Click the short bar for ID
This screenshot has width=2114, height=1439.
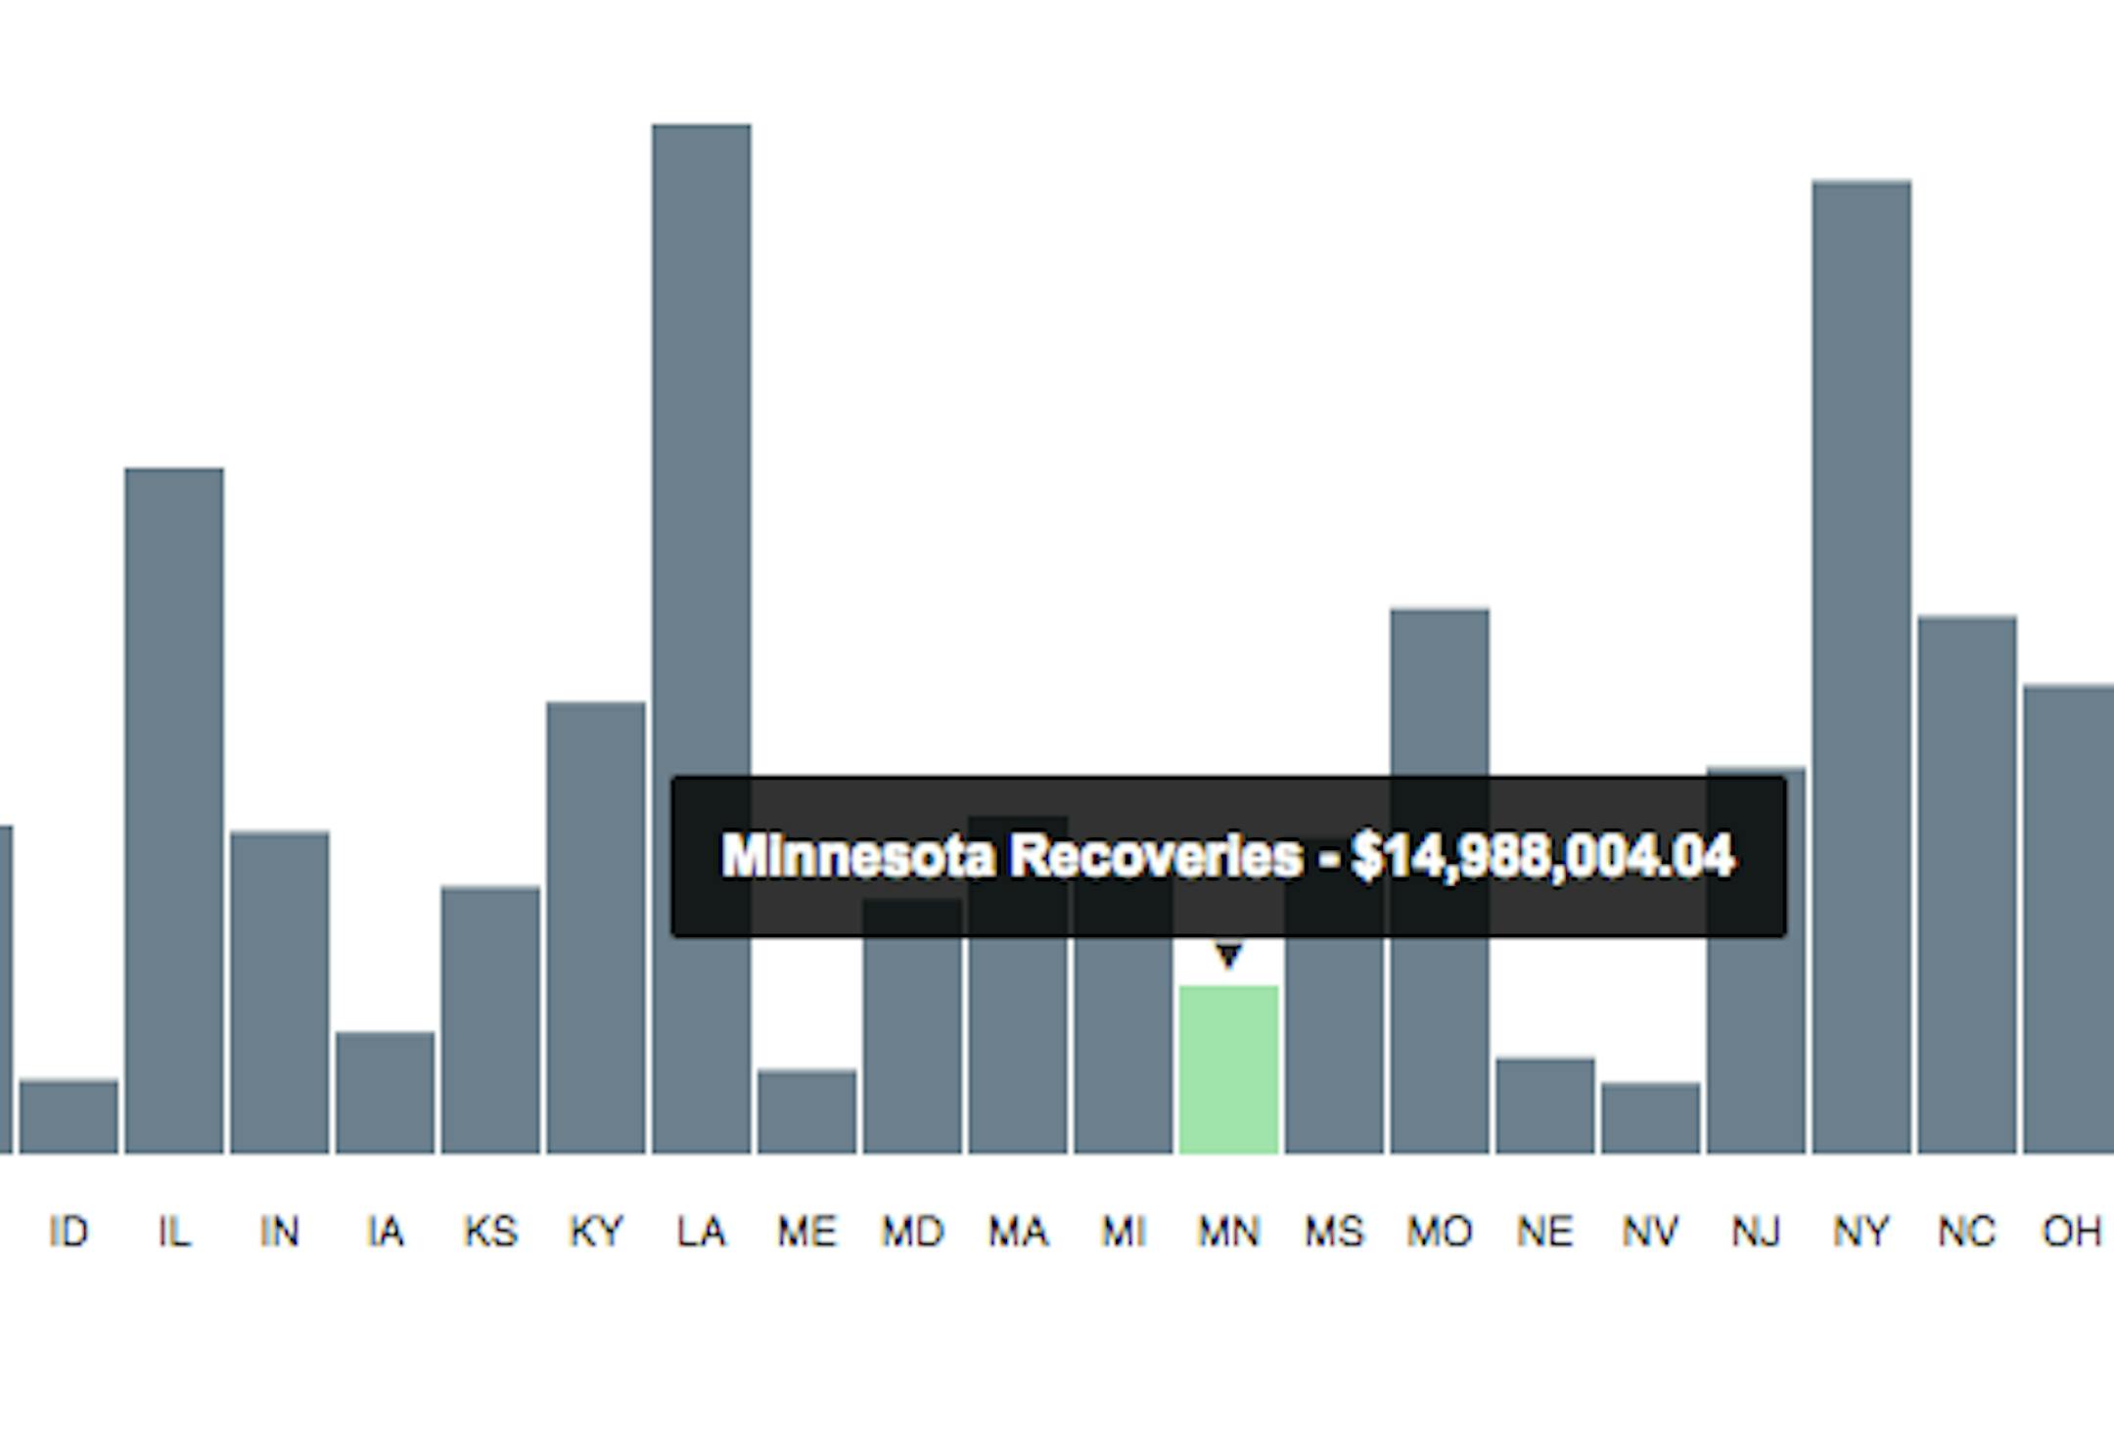click(69, 1116)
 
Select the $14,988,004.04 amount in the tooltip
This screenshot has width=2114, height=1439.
click(1542, 857)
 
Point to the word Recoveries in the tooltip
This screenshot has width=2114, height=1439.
click(1155, 857)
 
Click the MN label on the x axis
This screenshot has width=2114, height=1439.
click(1228, 1232)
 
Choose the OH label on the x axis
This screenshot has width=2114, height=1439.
click(2071, 1232)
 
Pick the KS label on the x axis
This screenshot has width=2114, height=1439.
click(490, 1232)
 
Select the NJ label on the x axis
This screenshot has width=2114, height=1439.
click(1756, 1232)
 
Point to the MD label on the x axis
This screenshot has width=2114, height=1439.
click(912, 1232)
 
